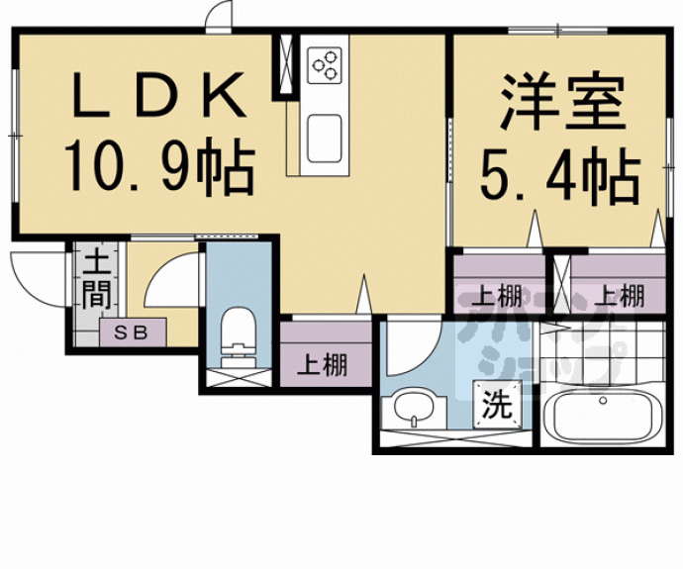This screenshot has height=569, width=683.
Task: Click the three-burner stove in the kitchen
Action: coord(326,65)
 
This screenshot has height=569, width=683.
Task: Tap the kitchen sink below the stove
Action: coord(325,136)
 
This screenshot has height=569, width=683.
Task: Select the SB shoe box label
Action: coord(135,332)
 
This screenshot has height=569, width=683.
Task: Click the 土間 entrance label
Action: coord(96,280)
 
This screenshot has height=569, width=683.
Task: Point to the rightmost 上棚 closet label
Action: coord(620,294)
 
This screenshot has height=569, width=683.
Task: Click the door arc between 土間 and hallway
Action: coord(170,280)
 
